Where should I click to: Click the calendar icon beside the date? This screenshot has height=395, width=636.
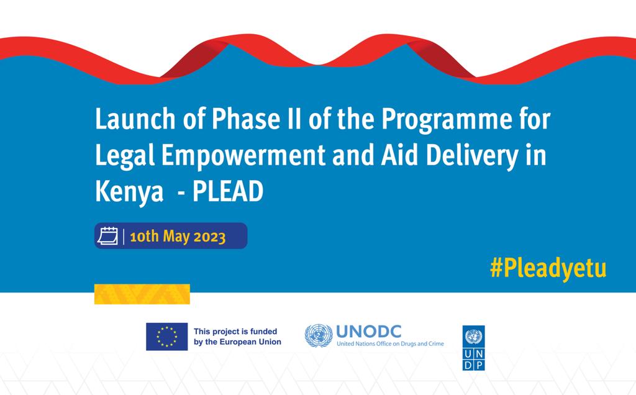109,237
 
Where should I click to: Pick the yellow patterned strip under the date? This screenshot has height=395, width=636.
142,294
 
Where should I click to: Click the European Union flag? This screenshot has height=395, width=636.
166,337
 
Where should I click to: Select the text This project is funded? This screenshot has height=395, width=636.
235,332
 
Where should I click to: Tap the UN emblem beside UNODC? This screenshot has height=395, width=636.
318,335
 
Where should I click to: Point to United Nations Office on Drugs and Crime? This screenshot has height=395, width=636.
390,343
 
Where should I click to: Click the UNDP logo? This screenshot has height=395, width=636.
474,347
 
